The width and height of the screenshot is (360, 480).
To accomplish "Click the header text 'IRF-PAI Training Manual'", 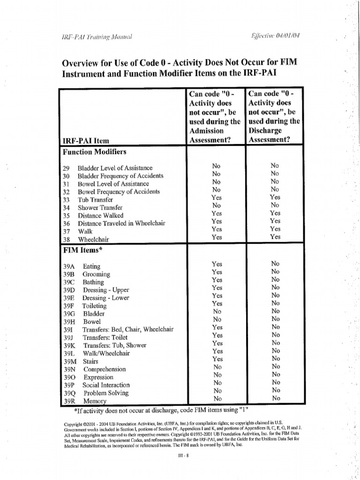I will pos(97,38).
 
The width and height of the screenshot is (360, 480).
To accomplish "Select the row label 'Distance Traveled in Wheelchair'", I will pos(121,224).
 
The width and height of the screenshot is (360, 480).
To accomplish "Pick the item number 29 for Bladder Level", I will pos(66,168).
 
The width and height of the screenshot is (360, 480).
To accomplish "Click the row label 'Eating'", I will pos(91,266).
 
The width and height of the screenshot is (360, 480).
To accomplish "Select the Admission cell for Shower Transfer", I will pos(216,205).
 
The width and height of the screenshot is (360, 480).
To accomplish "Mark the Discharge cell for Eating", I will pos(275,263).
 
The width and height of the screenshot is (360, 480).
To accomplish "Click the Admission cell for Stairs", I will pos(217,359).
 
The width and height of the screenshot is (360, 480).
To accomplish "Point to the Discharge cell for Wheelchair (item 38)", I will pos(275,237).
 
